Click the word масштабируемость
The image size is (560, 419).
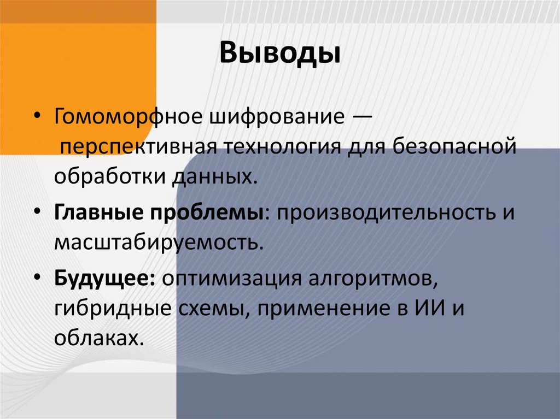[155, 242]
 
